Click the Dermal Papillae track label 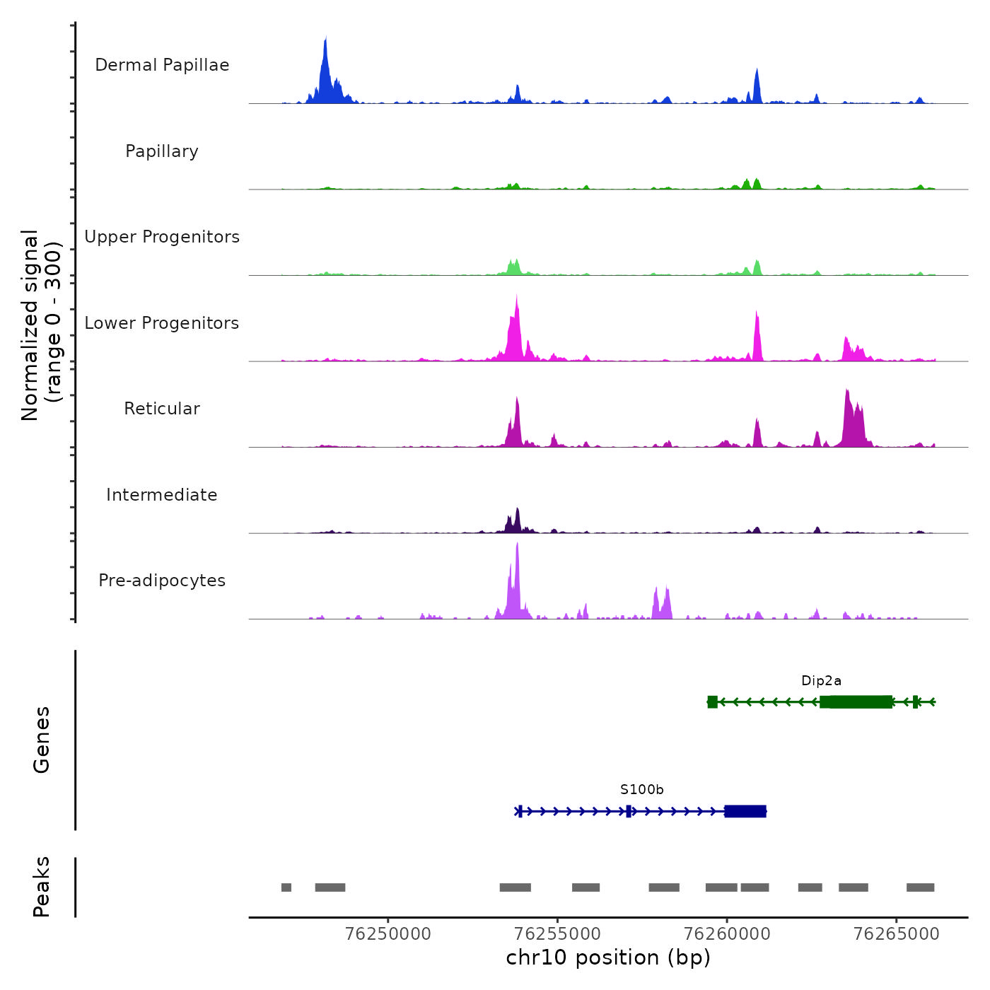coord(162,65)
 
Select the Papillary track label coord(162,151)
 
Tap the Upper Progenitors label coord(162,237)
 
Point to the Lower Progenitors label coord(162,323)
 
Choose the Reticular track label coord(162,409)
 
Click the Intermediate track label coord(162,495)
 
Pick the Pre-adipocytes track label coord(162,581)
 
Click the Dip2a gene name coord(821,681)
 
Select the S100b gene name coord(642,790)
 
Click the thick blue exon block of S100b coord(745,811)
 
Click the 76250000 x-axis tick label coord(388,934)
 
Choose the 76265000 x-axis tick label coord(897,934)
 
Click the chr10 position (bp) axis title coord(608,957)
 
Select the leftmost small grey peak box coord(286,887)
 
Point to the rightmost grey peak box coord(920,887)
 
